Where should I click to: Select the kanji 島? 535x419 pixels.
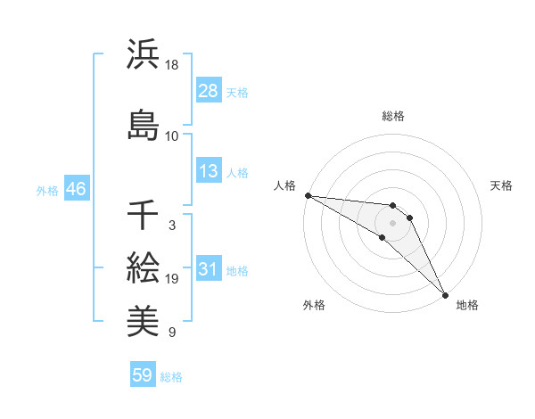click(x=143, y=125)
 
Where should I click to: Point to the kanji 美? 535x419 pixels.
click(x=143, y=319)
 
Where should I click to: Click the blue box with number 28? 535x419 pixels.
click(x=208, y=90)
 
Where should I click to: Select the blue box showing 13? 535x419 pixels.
click(x=208, y=171)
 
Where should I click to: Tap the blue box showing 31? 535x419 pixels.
click(x=208, y=270)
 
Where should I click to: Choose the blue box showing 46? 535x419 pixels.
click(x=75, y=189)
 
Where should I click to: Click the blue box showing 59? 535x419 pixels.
click(x=143, y=375)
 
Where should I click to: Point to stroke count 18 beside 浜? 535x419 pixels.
click(x=172, y=65)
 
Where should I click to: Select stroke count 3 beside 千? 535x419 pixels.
click(x=171, y=226)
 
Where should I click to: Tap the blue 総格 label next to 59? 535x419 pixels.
click(x=171, y=377)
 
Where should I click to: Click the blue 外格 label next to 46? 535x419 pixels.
click(x=46, y=191)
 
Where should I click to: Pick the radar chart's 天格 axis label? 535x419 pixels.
click(x=502, y=185)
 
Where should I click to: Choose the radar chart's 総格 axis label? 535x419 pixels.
click(x=393, y=116)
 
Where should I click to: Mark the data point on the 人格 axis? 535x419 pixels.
click(x=308, y=194)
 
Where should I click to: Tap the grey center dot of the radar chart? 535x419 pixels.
click(x=393, y=223)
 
